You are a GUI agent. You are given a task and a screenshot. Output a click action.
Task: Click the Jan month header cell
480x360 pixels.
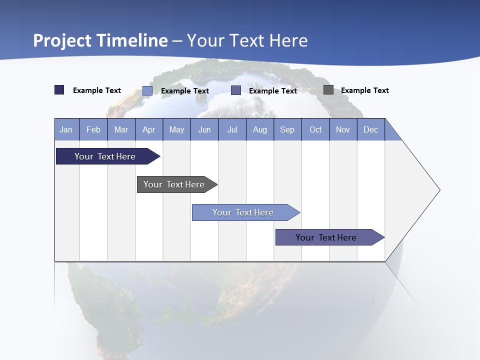click(66, 129)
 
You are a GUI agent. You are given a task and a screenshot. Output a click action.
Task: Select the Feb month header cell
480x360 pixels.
click(93, 129)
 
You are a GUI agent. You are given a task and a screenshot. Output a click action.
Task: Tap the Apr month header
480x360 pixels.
click(149, 129)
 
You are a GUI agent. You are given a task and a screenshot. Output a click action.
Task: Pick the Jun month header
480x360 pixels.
click(204, 129)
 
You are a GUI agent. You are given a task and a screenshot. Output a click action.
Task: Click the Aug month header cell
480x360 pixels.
click(260, 129)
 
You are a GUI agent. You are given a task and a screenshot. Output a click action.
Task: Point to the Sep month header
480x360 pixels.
click(287, 129)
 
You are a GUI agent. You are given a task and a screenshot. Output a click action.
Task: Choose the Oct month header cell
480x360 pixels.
click(315, 129)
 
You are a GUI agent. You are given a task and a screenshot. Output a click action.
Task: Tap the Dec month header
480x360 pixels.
click(371, 129)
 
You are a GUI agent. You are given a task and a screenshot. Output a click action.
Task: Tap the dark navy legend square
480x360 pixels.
click(59, 90)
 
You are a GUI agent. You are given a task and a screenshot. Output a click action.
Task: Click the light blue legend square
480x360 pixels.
click(147, 90)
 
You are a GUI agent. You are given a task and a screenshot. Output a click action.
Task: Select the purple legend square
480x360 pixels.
click(236, 90)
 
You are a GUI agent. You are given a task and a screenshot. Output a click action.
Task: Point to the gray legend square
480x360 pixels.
click(328, 90)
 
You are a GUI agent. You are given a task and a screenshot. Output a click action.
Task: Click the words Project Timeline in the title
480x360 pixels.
click(100, 40)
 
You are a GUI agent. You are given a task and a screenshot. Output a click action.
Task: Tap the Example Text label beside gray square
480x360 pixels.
click(364, 90)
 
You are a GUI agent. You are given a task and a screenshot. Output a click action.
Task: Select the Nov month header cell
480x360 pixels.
click(343, 129)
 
